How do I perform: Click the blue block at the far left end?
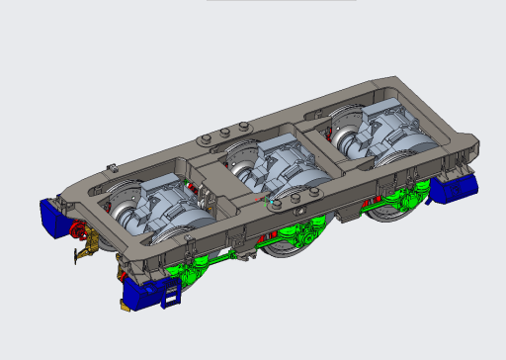point(50,217)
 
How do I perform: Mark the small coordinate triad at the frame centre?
point(265,201)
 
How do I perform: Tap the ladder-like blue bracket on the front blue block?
point(172,293)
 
